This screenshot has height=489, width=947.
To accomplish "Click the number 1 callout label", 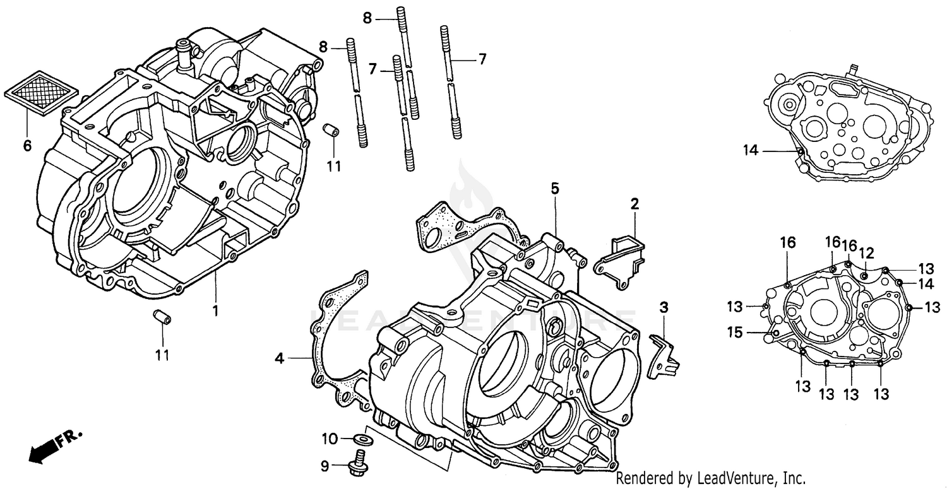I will pyautogui.click(x=215, y=311).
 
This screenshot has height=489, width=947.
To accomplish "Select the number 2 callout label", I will pyautogui.click(x=634, y=204).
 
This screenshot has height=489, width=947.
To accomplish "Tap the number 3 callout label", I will pyautogui.click(x=664, y=308).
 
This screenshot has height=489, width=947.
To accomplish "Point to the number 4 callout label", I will pyautogui.click(x=279, y=359).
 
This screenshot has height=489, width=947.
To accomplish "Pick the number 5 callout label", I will pyautogui.click(x=554, y=188).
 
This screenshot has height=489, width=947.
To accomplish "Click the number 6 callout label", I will pyautogui.click(x=27, y=146).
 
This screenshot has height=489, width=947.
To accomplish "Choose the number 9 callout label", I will pyautogui.click(x=325, y=467).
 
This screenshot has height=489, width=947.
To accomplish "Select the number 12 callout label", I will pyautogui.click(x=866, y=253).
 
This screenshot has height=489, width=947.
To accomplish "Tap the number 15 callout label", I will pyautogui.click(x=734, y=332).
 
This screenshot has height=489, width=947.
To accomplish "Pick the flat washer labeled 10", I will pyautogui.click(x=364, y=439).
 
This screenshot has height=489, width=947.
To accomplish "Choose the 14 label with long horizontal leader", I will pyautogui.click(x=750, y=150).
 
